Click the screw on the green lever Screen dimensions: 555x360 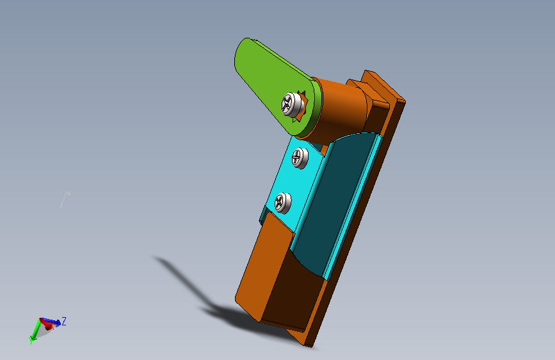293,104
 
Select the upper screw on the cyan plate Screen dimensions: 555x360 300,158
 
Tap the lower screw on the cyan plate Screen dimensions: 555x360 283,203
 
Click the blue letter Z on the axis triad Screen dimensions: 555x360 64,322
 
